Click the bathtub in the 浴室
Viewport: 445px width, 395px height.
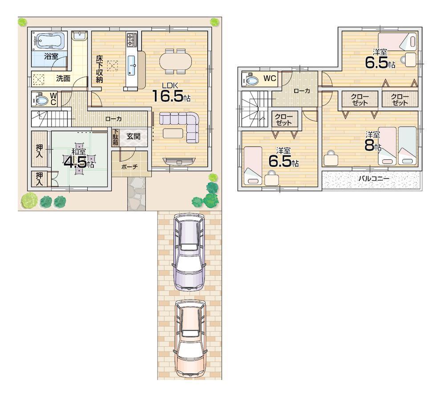pyautogui.click(x=49, y=41)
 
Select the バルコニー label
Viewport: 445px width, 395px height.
pyautogui.click(x=374, y=179)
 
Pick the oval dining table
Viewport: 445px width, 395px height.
pyautogui.click(x=175, y=60)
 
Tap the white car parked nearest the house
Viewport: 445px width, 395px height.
pyautogui.click(x=190, y=251)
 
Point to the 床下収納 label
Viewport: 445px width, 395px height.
pyautogui.click(x=99, y=69)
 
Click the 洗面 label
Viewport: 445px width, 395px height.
pyautogui.click(x=63, y=79)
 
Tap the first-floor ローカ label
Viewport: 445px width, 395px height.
pyautogui.click(x=113, y=119)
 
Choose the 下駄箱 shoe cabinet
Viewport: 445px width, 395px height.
pyautogui.click(x=115, y=137)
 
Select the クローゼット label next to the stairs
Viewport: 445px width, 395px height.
pyautogui.click(x=283, y=120)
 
